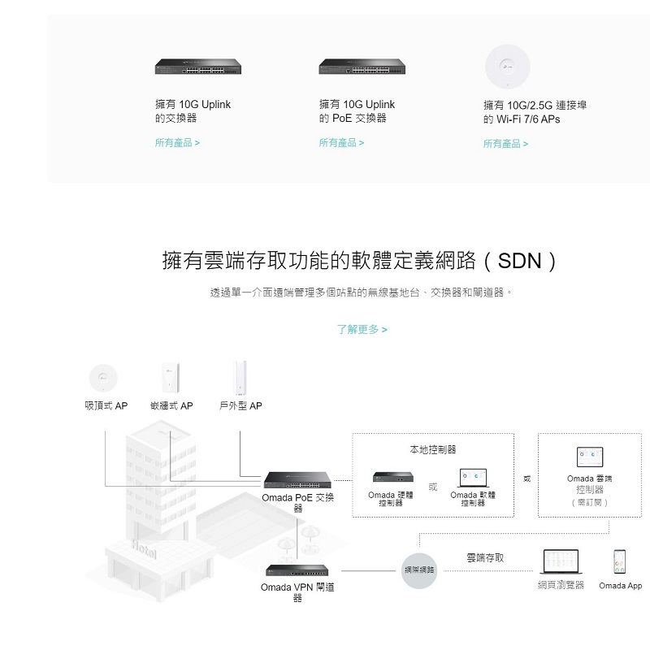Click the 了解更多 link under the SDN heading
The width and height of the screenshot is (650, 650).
coord(362,330)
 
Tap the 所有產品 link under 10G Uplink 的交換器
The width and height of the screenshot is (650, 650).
coord(177,143)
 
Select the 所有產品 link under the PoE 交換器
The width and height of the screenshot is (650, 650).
coord(341,143)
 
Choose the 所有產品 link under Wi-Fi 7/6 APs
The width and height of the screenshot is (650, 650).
coord(505,144)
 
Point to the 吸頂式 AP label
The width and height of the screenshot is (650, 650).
coord(106,405)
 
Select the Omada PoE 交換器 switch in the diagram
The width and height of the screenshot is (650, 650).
coord(297,479)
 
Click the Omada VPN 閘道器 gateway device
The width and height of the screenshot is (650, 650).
coord(297,570)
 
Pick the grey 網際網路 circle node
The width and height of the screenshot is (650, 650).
coord(419,570)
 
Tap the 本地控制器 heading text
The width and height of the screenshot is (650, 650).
coord(433,449)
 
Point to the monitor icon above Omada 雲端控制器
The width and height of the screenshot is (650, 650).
coord(590,456)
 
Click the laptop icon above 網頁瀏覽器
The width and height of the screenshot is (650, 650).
coord(561,561)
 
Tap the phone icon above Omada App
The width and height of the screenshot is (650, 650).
coord(620,561)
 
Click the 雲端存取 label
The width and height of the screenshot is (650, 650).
coord(485,557)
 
